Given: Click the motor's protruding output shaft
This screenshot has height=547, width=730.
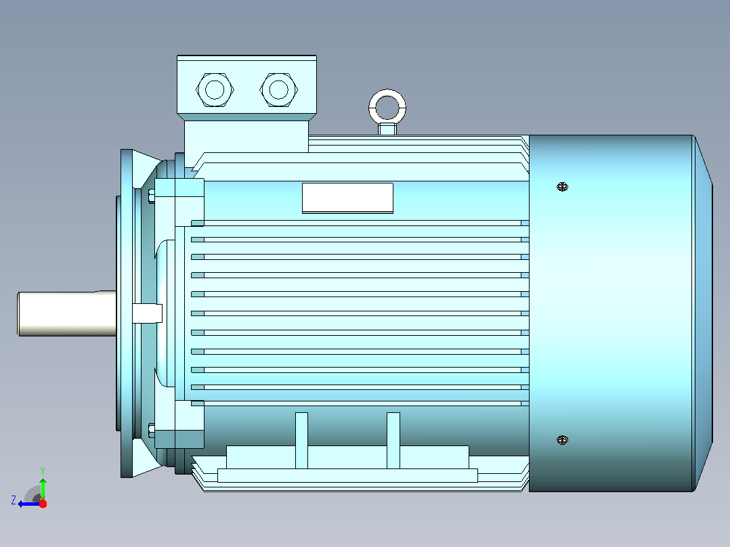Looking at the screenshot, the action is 67,313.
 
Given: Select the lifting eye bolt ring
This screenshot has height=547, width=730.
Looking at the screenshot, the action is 387,95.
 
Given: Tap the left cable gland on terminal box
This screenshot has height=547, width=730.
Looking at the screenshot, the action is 215,90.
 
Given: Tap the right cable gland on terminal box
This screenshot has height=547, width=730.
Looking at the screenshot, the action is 278,90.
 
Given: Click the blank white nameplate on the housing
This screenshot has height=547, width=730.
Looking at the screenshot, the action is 348,198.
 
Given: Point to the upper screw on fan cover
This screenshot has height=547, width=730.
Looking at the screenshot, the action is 562,187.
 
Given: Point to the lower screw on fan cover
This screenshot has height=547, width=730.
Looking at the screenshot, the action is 562,440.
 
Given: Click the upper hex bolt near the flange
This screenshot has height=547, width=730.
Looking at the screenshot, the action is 151,196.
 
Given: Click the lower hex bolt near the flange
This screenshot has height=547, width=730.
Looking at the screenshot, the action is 151,431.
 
